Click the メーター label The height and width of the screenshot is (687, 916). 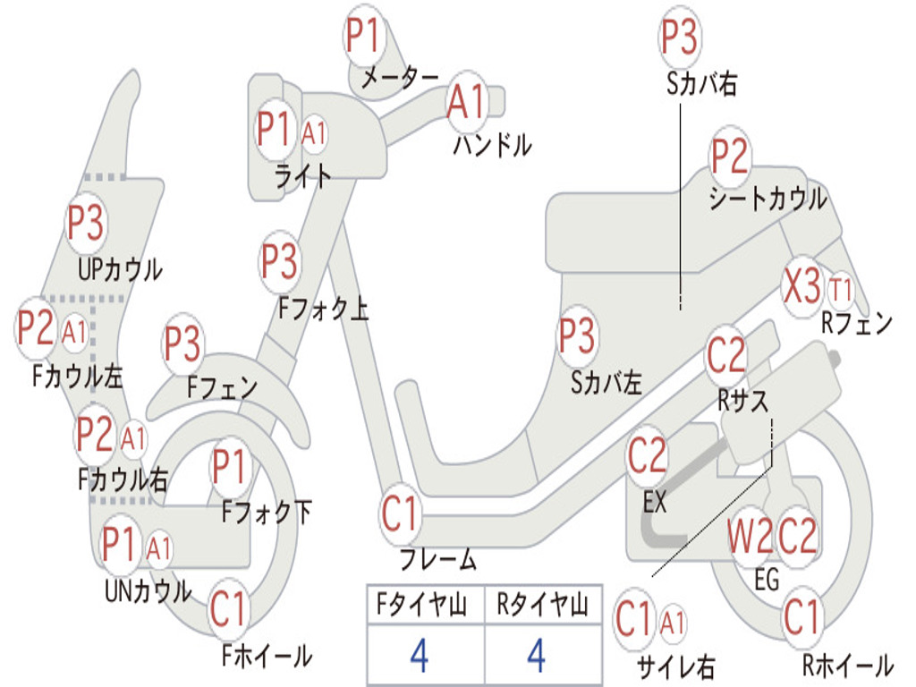pos(400,79)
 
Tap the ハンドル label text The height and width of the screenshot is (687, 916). pos(492,145)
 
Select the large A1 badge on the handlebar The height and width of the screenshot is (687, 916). pos(467,102)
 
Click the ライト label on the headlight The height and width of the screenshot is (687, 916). pos(303,175)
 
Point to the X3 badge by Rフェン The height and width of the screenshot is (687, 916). pos(802,286)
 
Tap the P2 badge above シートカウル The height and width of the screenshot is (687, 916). pos(730,156)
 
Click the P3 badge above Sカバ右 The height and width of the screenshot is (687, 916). pos(680,36)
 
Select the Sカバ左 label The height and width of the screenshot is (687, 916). pos(606,383)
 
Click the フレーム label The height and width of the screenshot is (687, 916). pos(438,559)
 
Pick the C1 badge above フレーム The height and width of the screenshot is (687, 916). pos(400,514)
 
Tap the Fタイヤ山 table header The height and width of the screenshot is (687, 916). pos(422,605)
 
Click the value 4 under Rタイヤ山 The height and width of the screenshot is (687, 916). pos(537,655)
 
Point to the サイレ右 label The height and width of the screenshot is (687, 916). pos(676,666)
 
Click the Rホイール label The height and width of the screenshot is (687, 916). pos(848,665)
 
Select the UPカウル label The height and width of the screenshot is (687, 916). pos(120,270)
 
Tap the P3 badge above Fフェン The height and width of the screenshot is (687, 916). pos(182,344)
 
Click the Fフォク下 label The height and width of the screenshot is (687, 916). pos(267,513)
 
